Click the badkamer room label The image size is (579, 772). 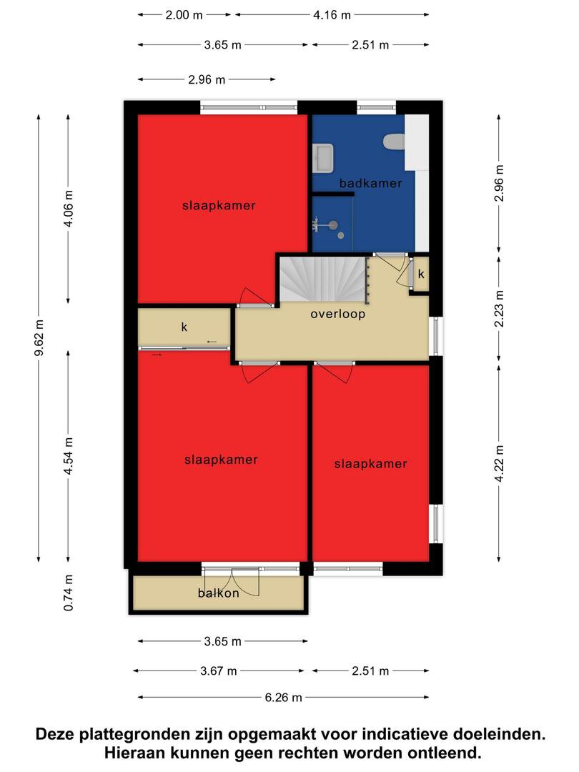371,183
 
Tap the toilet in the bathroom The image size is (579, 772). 395,142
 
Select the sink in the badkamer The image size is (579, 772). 324,158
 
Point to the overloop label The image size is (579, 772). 337,314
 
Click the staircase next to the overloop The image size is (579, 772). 324,279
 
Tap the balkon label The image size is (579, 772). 219,593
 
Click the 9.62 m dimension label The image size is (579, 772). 39,337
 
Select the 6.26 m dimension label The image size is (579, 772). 284,697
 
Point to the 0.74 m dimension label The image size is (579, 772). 69,593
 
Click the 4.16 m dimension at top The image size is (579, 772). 332,15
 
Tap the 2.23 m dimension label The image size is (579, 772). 499,309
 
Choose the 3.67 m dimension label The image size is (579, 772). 219,670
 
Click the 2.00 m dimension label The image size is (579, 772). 184,15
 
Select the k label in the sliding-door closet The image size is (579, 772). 184,327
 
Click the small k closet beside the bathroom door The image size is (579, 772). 420,274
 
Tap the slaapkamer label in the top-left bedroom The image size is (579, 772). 219,205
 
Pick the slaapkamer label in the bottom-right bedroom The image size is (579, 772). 371,463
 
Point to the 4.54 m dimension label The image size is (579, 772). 69,456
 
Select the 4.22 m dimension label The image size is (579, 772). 499,464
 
